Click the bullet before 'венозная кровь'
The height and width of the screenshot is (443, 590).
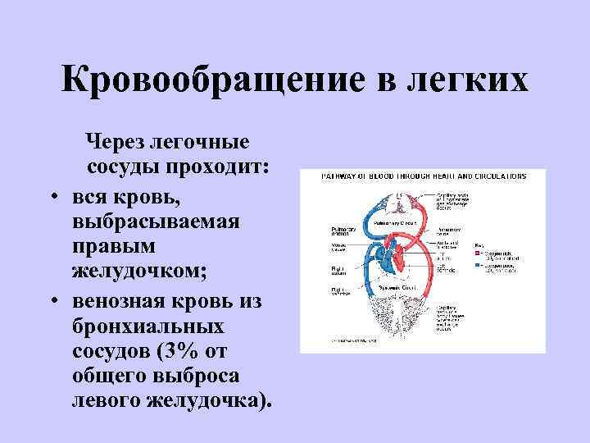[x=51, y=302]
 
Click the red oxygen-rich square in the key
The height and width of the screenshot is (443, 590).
[x=478, y=253]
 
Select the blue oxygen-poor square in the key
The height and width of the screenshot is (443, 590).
[x=478, y=266]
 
